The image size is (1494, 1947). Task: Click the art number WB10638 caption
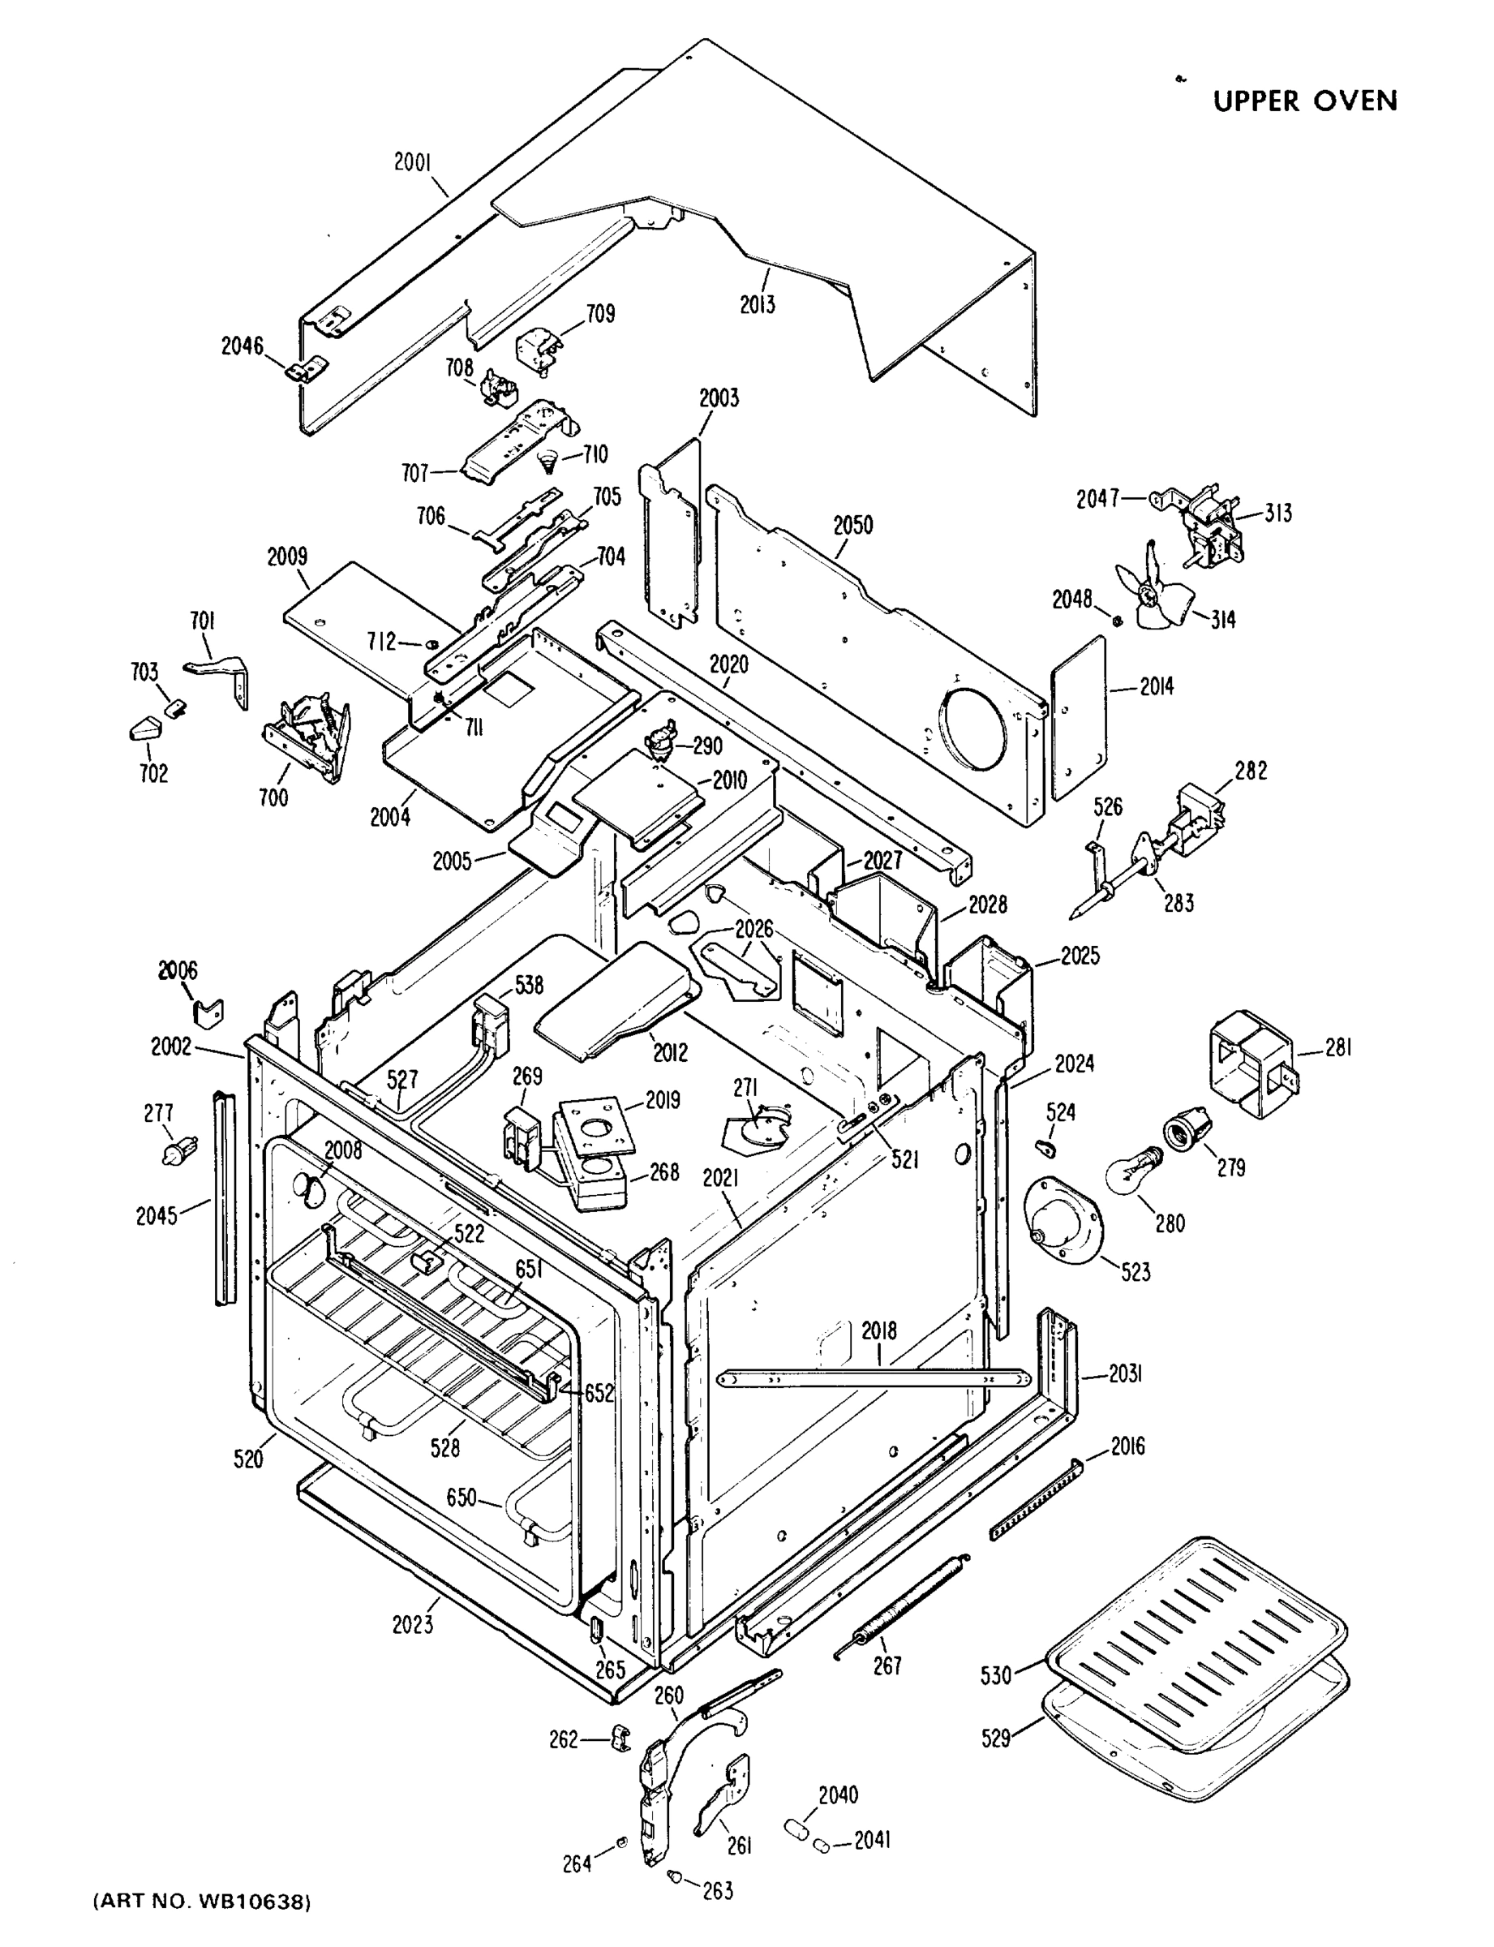coord(203,1902)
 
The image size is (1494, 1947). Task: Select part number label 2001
coord(413,162)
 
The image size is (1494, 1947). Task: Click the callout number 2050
coord(852,525)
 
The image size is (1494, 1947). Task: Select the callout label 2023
coord(413,1624)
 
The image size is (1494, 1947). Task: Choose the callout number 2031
coord(1125,1374)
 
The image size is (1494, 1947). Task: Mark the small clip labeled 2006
coord(208,1012)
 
